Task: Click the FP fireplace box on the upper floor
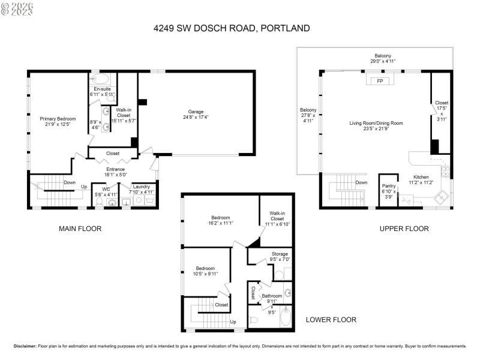pos(379,81)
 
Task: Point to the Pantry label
pos(389,186)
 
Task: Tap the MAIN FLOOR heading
pos(80,229)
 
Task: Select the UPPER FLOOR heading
pos(404,229)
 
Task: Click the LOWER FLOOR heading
pos(331,320)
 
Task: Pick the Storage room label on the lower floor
pos(280,254)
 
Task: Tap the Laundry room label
pos(141,187)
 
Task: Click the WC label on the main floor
pos(106,187)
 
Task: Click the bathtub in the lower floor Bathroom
pos(286,317)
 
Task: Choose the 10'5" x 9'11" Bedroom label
pos(206,269)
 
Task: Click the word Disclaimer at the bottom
pos(25,346)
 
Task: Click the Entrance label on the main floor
pos(115,169)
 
